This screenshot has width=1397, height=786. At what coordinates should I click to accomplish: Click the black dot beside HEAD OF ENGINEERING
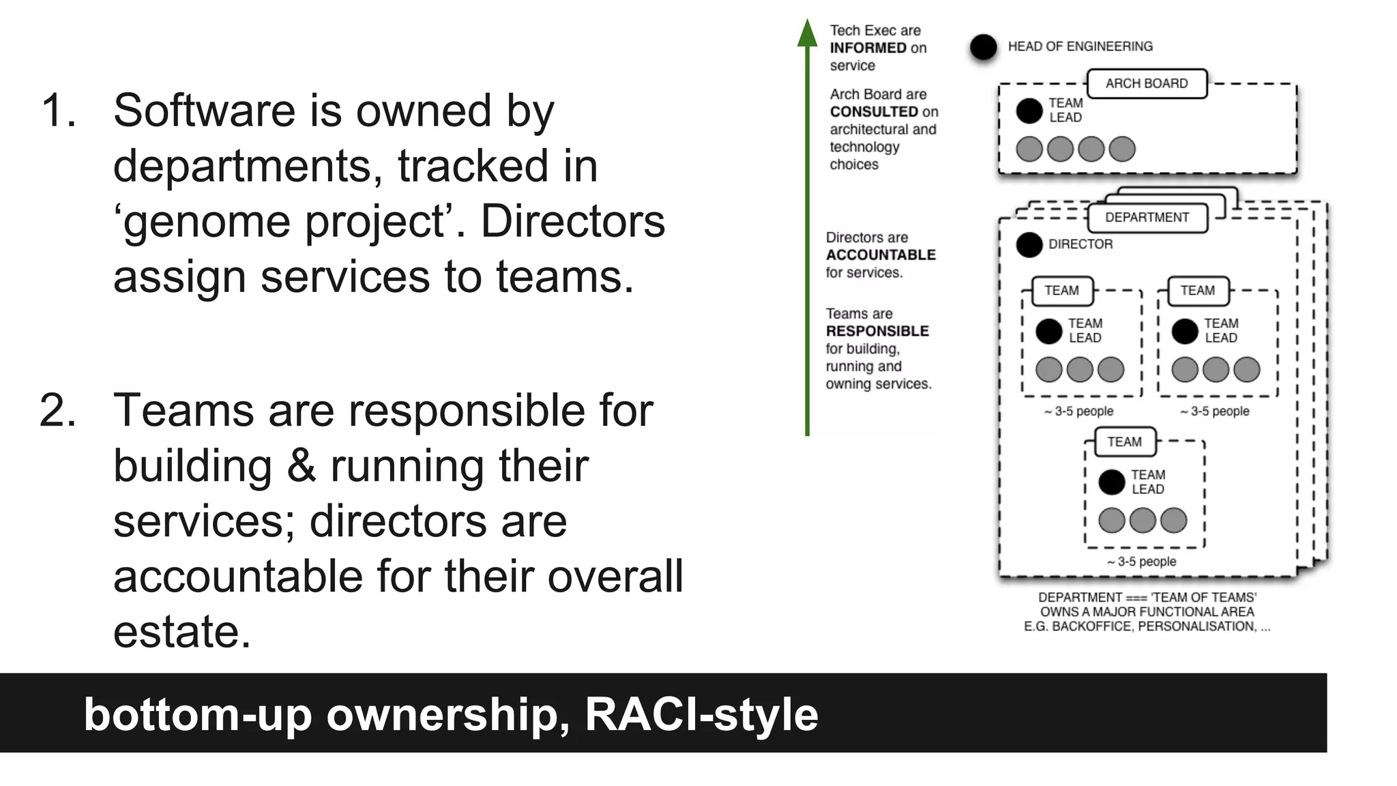click(x=983, y=47)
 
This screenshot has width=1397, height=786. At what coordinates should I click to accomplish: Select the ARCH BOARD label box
click(x=1146, y=84)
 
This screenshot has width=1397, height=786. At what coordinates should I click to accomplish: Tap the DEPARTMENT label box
click(x=1147, y=218)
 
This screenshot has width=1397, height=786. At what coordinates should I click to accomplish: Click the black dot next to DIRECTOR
click(x=1029, y=245)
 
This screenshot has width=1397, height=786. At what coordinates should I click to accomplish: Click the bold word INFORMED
click(x=868, y=48)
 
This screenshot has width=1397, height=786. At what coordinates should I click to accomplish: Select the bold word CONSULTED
click(x=874, y=112)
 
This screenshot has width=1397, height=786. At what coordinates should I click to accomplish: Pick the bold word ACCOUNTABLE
click(x=881, y=255)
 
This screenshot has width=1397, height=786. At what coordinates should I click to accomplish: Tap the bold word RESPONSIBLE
click(x=877, y=332)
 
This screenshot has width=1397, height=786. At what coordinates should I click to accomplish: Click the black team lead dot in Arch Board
click(x=1029, y=111)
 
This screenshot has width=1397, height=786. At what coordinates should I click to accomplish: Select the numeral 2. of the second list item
click(x=58, y=411)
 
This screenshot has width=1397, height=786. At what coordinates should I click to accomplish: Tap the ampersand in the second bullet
click(x=301, y=466)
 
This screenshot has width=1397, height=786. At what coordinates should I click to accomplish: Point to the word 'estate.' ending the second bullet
click(x=182, y=632)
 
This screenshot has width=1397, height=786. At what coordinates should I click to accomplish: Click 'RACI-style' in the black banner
click(x=701, y=714)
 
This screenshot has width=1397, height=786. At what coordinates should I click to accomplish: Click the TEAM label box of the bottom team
click(x=1124, y=442)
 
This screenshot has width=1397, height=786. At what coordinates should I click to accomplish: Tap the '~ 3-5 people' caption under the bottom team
click(x=1141, y=562)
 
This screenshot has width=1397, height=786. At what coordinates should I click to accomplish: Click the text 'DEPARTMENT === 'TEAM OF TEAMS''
click(x=1147, y=597)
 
